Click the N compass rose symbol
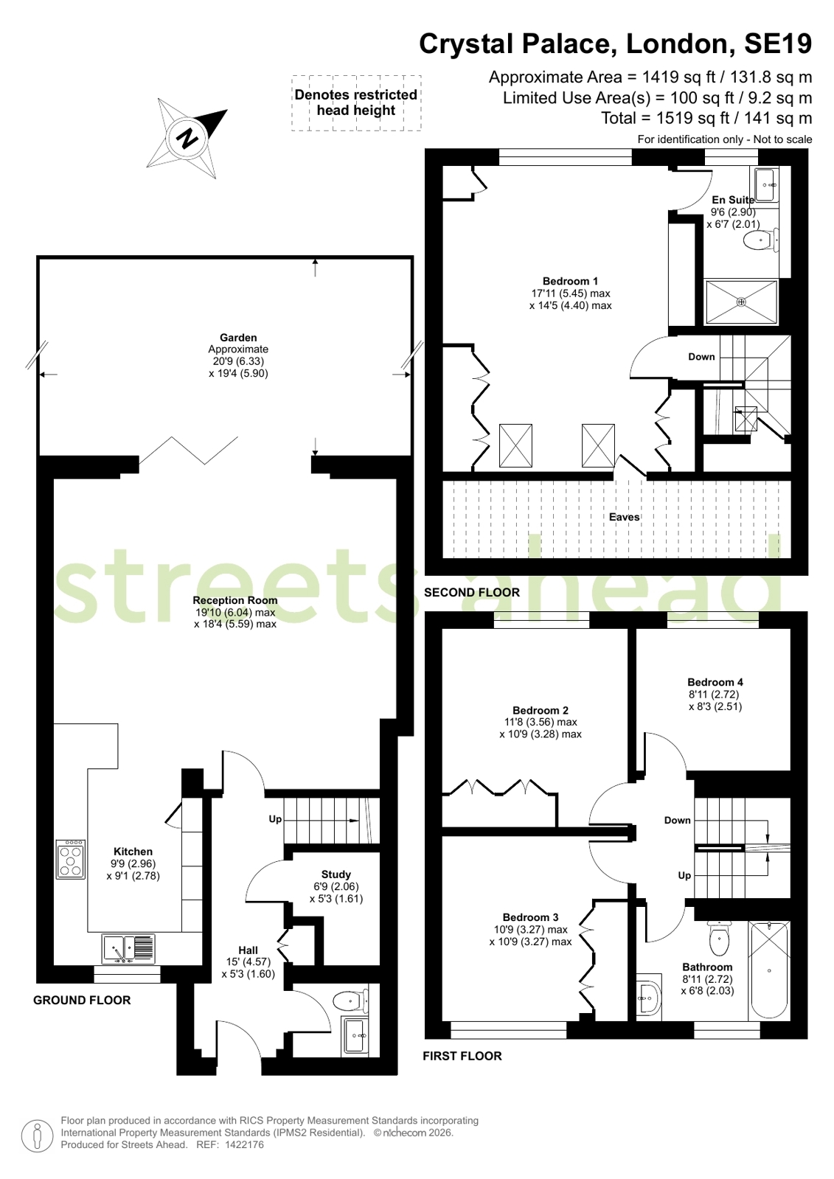tap(187, 138)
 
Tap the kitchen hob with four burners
tap(71, 858)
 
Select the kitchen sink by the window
tap(128, 948)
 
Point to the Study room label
tap(336, 874)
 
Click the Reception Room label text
tap(234, 600)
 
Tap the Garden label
tap(238, 338)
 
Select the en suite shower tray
tap(741, 302)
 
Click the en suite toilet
tap(761, 240)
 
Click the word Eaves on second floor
tap(625, 517)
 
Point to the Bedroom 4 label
tap(715, 682)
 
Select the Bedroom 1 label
tap(570, 281)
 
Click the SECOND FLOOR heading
tap(472, 593)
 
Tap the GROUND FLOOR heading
tap(82, 1000)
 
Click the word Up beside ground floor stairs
tap(275, 819)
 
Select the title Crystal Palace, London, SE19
tap(616, 44)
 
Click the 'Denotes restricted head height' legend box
tap(356, 102)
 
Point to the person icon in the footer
tap(38, 1135)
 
